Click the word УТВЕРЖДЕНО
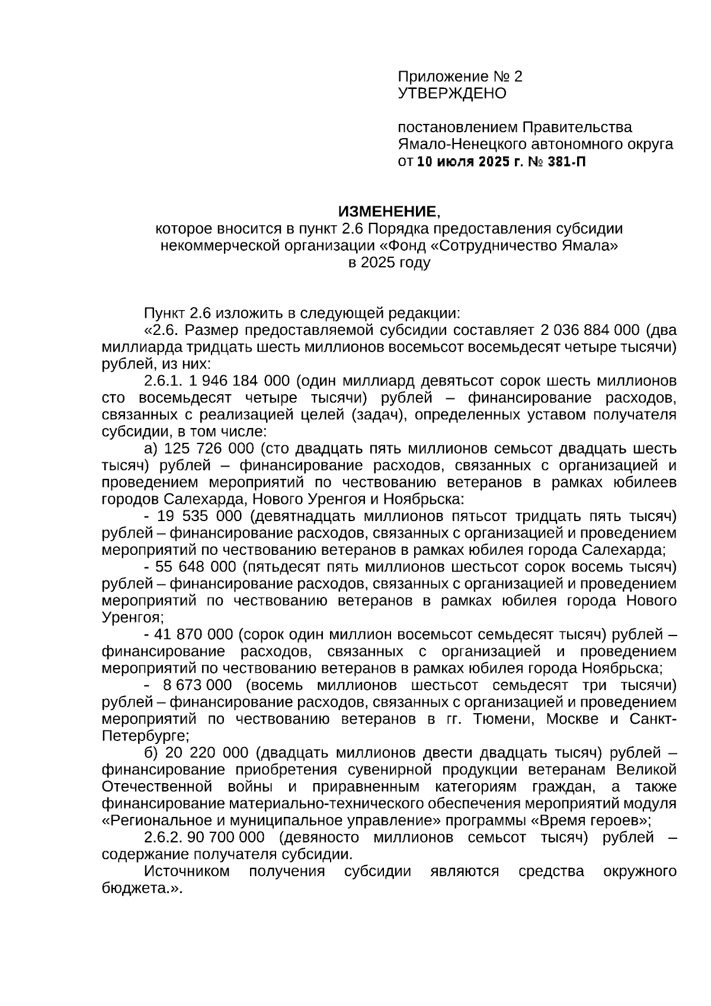point(451,93)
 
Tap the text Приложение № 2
point(460,76)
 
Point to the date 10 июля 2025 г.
point(468,161)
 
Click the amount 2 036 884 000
point(590,330)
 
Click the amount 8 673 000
point(197,686)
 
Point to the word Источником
point(187,871)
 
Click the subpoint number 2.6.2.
point(164,838)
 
